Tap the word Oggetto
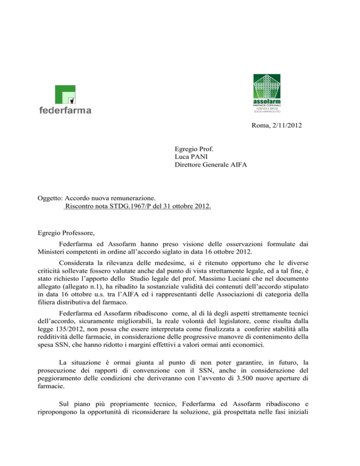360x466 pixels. pyautogui.click(x=50, y=198)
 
